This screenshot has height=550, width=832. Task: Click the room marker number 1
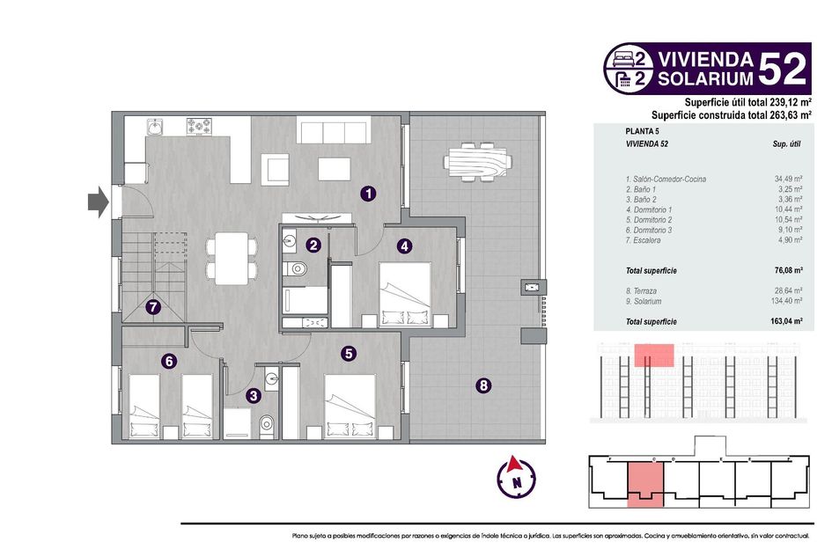368,194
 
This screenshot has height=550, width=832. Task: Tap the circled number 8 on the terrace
482,385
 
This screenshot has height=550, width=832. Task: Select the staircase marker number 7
153,307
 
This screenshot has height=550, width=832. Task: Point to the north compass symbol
516,477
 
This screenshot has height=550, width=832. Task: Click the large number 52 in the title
782,69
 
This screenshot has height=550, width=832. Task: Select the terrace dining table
478,162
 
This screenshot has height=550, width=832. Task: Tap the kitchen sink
155,127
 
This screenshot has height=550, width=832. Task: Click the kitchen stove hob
199,126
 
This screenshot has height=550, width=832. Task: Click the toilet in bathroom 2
295,268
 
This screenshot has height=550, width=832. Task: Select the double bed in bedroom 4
405,294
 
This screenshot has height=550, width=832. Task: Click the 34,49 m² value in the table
788,180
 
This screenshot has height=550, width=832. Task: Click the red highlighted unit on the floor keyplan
645,484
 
